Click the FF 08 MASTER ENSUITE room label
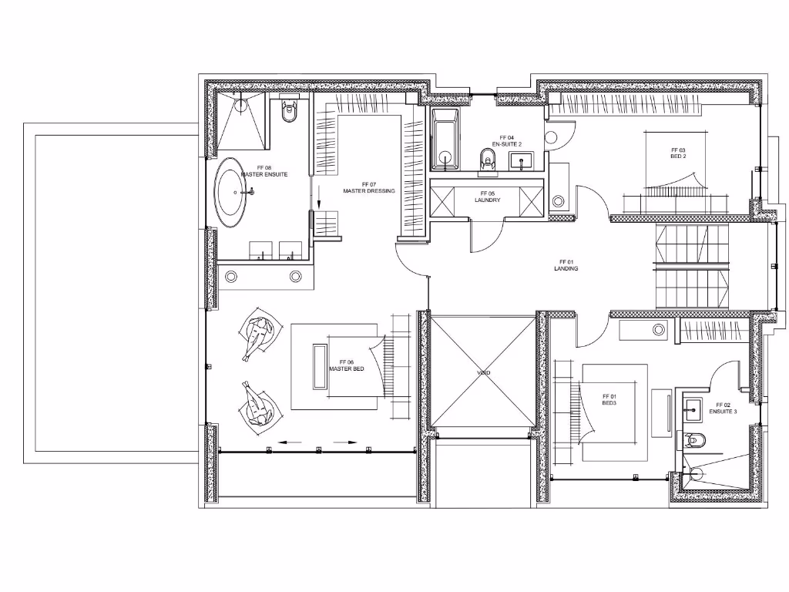(264, 171)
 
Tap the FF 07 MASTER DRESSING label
(369, 188)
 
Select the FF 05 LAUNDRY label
(486, 197)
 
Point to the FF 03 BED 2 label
(678, 153)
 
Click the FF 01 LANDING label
(566, 265)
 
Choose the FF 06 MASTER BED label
(346, 365)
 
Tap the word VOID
(483, 372)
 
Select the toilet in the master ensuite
(290, 112)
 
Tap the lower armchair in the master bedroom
(257, 405)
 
